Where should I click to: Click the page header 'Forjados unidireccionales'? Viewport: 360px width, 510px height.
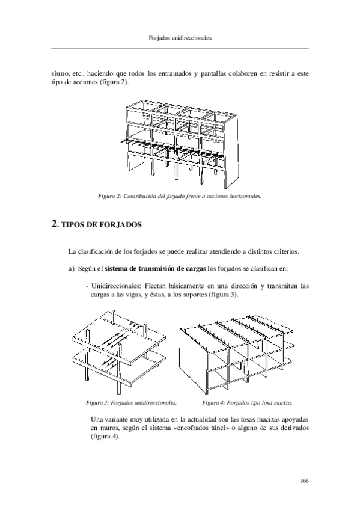(180, 38)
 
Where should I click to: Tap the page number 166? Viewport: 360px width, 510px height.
(304, 481)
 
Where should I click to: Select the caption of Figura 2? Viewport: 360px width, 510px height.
(180, 196)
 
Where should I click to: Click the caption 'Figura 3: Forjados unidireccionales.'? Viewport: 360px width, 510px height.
(131, 403)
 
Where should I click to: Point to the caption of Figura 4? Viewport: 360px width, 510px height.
(247, 403)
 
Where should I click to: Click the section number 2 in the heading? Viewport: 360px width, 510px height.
(55, 224)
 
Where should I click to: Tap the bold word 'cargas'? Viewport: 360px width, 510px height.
(196, 269)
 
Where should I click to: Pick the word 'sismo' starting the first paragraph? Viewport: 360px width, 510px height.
(59, 74)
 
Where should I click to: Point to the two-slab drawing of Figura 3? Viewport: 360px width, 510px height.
(120, 352)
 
